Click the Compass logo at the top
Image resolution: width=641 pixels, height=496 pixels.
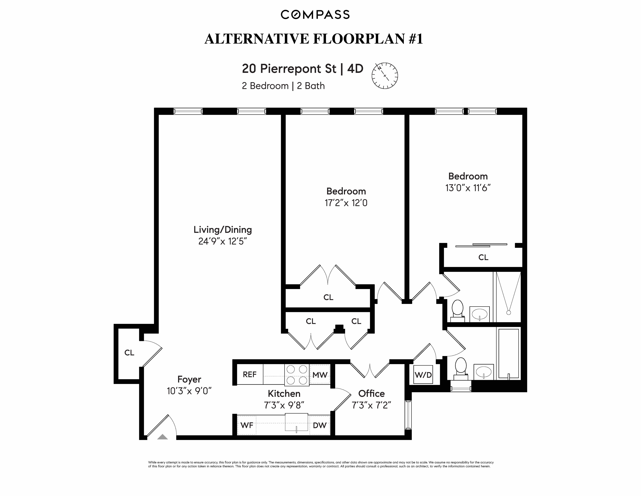tap(315, 14)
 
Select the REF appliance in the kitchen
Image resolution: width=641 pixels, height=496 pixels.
tap(249, 374)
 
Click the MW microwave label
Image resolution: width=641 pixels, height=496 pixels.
tap(320, 375)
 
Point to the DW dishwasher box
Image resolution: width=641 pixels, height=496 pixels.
tap(320, 425)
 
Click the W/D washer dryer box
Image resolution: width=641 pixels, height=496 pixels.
tap(423, 375)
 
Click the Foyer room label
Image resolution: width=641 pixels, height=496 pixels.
tap(189, 379)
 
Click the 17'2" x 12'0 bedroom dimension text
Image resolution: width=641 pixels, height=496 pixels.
tap(346, 203)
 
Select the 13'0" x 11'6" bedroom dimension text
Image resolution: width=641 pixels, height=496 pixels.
tap(468, 188)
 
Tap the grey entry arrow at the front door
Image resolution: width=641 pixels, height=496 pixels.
tap(162, 437)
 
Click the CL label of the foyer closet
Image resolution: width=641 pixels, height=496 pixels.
tap(129, 353)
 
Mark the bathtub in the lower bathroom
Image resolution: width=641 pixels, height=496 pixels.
tap(509, 354)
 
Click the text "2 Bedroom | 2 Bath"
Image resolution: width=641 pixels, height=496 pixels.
tap(283, 86)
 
